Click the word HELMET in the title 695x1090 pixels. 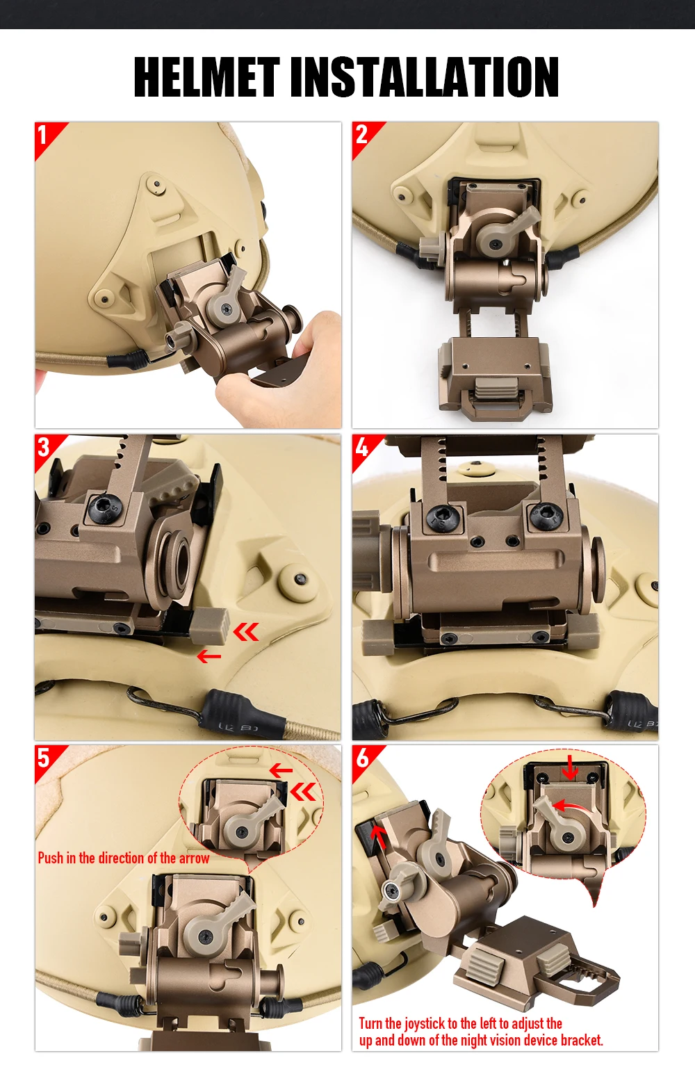(206, 76)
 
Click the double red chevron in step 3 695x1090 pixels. (246, 633)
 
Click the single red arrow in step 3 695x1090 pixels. (209, 657)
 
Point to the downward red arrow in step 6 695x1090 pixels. (569, 768)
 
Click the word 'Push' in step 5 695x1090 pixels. (51, 858)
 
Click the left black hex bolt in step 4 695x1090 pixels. (443, 517)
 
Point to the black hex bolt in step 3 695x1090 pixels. (103, 509)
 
